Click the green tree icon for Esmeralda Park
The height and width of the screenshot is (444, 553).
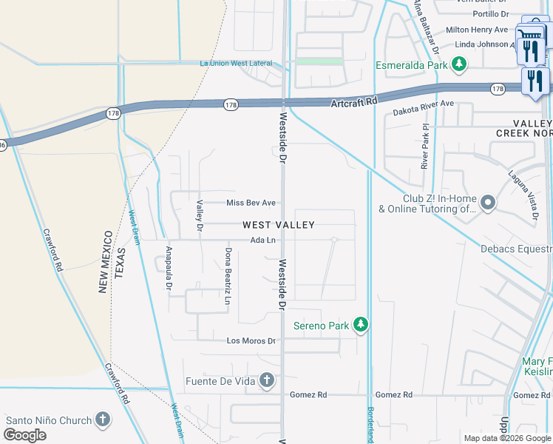(x=459, y=65)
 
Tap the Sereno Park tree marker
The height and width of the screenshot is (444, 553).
(x=360, y=325)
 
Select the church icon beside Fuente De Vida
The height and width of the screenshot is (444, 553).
(x=266, y=381)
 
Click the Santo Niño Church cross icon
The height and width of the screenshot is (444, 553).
(x=102, y=420)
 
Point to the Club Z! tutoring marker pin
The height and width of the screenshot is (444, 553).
(x=487, y=202)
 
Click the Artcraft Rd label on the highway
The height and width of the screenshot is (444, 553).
(x=354, y=101)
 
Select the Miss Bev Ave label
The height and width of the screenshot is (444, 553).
(x=251, y=203)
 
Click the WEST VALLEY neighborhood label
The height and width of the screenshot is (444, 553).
(x=279, y=225)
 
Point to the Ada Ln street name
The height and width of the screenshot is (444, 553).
(x=262, y=240)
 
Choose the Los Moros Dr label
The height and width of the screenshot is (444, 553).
(x=251, y=341)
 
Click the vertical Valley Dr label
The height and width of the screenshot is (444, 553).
(x=200, y=214)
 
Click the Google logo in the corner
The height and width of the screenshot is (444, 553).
(x=24, y=435)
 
